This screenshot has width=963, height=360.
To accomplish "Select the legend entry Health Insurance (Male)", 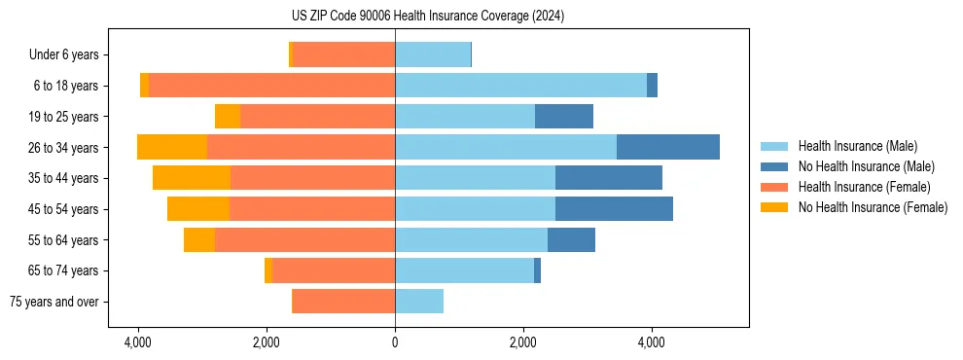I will coord(856,146).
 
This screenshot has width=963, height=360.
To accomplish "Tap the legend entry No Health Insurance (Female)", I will coord(873,207).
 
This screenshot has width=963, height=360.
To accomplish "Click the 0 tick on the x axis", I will coord(395,342).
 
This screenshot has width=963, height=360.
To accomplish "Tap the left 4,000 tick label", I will coord(138,342).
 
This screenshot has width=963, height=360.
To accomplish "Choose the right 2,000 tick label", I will coord(523,342).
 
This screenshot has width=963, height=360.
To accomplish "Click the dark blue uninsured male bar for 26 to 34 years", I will coord(668,147).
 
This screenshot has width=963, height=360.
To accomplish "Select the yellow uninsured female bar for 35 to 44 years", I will coord(192,178).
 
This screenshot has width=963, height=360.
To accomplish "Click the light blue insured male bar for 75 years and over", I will coord(419,302).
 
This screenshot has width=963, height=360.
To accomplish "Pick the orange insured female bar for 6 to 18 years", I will coord(272,86).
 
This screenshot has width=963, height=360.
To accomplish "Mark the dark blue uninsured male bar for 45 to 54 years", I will coord(614,209).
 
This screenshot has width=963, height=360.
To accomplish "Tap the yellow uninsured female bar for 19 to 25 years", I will coord(228,117).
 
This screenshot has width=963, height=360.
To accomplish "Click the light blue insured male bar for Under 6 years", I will coord(433,54).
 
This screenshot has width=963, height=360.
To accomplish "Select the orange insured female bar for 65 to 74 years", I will coord(334,270).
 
